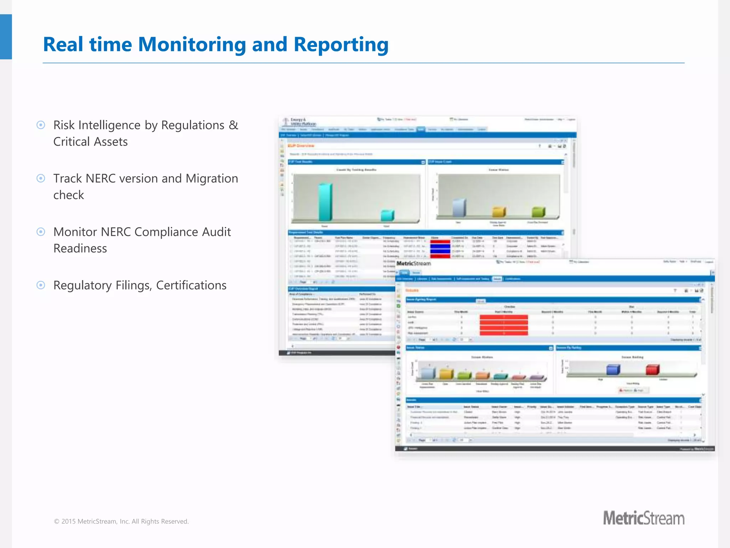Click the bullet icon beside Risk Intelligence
tap(41, 125)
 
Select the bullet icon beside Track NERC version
tap(41, 178)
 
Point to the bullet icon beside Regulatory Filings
tap(41, 285)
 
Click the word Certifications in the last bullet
tap(191, 285)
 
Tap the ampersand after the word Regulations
tap(233, 125)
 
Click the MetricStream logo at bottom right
tap(643, 518)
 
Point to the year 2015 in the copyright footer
tap(68, 521)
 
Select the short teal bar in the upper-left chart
tap(387, 215)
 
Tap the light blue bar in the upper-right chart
tap(459, 208)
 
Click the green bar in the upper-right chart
tap(538, 212)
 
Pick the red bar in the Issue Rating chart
tap(652, 370)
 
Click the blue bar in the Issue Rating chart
tap(613, 370)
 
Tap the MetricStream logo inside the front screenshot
tap(413, 263)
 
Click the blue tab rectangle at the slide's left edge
tap(6, 37)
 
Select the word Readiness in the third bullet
tap(80, 248)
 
